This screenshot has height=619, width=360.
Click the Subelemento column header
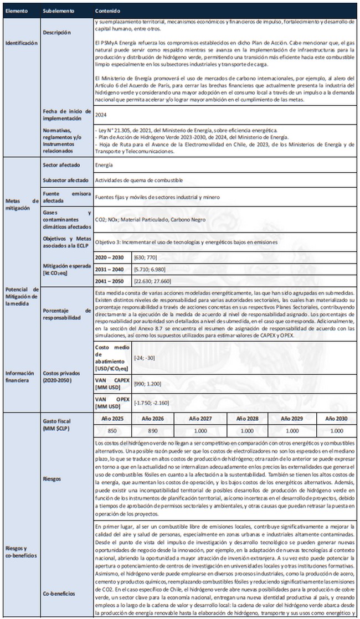pos(57,11)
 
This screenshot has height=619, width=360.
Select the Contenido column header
pos(106,11)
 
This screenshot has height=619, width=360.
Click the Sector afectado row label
pos(61,165)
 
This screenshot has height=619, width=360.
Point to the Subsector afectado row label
pos(65,180)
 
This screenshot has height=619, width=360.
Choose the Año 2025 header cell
pos(110,419)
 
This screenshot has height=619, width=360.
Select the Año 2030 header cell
pos(337,419)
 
